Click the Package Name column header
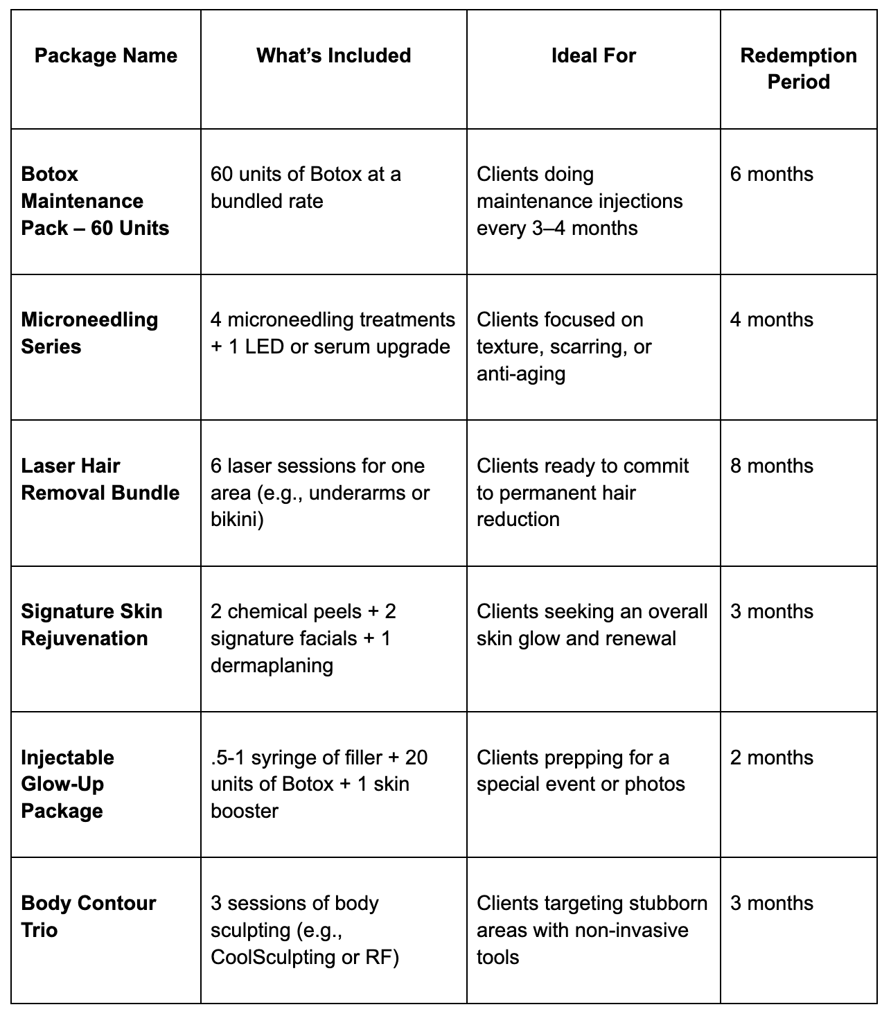click(105, 55)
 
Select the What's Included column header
click(333, 55)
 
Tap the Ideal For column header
click(593, 55)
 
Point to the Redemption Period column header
click(798, 69)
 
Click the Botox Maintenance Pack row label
click(95, 201)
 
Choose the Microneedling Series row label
click(89, 333)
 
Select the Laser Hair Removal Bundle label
click(100, 479)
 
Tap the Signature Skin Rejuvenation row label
click(91, 624)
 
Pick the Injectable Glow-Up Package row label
click(67, 784)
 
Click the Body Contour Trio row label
click(88, 916)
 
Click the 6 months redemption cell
click(771, 174)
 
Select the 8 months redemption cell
click(771, 466)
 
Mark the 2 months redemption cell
click(771, 757)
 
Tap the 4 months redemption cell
click(771, 319)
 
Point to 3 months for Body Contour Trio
click(771, 903)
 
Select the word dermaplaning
click(272, 665)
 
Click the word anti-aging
click(520, 374)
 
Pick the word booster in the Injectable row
click(244, 811)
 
